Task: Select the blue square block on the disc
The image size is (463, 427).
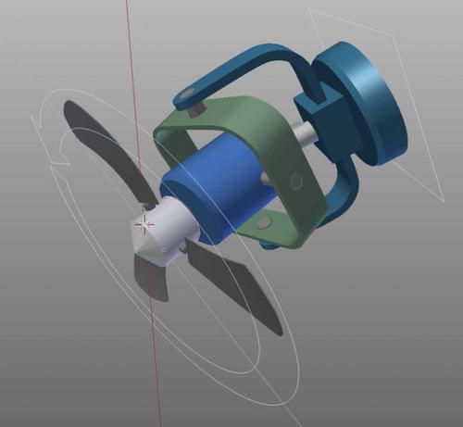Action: [319, 116]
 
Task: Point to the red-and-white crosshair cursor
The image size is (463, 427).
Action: [144, 222]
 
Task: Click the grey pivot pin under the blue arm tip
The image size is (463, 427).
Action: [195, 109]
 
